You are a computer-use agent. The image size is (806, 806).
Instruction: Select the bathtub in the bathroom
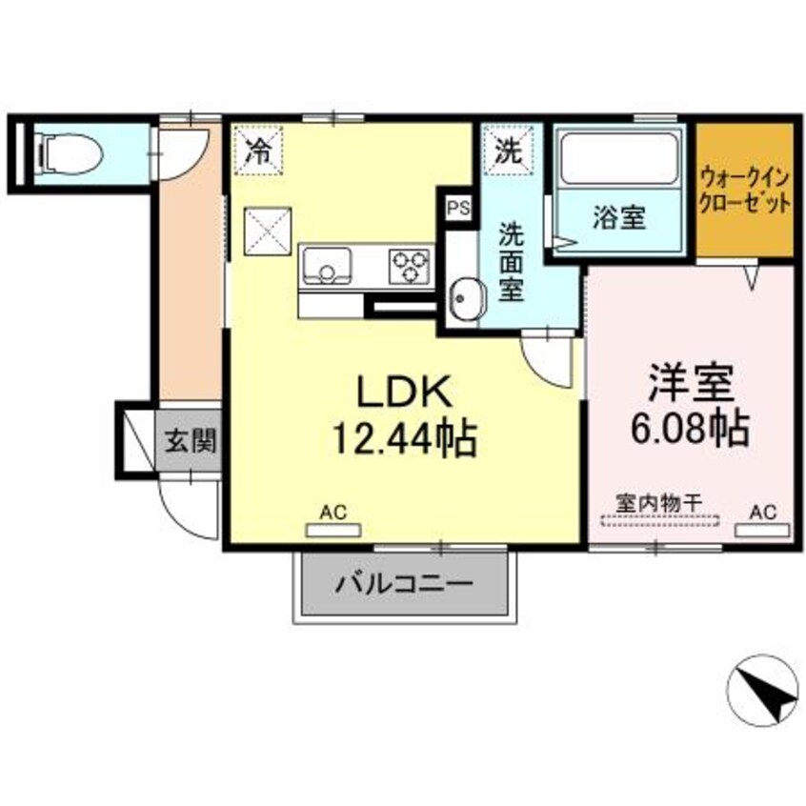coord(618,161)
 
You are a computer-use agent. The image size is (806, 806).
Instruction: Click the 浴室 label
coord(619,218)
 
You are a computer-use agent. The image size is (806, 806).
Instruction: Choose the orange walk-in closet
coord(745,191)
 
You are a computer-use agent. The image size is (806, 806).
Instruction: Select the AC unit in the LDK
coord(332,527)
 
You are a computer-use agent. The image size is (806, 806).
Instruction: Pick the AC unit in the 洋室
coord(763,527)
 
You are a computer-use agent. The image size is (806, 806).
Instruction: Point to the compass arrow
coord(762,691)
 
